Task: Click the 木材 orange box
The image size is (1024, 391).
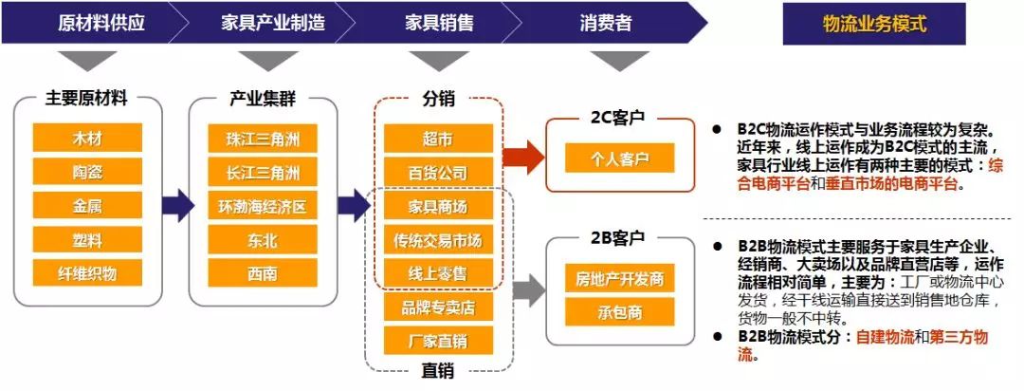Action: [87, 138]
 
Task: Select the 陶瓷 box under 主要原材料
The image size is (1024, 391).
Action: [87, 172]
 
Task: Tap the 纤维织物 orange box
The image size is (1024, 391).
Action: [87, 273]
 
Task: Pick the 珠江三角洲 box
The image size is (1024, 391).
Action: [263, 139]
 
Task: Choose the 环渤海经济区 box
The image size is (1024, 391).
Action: [263, 207]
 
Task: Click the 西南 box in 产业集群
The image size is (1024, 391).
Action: [263, 273]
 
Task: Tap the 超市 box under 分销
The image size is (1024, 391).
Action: [437, 139]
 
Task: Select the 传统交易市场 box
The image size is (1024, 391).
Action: [437, 240]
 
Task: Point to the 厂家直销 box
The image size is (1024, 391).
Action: [437, 341]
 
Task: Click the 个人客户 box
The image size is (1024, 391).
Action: [619, 158]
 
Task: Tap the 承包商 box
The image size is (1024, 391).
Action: [619, 312]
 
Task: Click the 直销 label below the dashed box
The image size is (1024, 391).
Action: [438, 372]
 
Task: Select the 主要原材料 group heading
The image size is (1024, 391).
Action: [86, 98]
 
